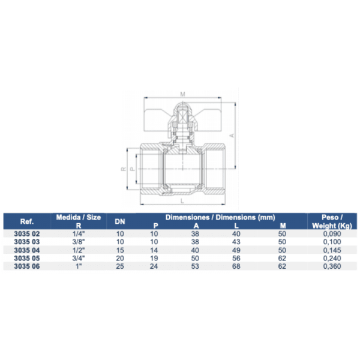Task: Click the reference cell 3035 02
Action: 26,234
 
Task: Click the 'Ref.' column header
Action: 26,220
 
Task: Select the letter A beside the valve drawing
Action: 232,136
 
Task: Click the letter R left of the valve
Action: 124,170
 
